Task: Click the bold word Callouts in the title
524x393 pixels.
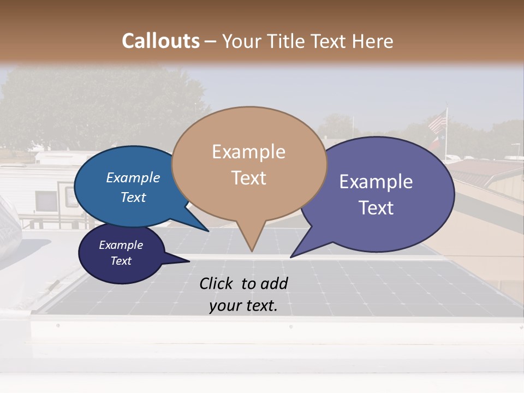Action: click(x=160, y=41)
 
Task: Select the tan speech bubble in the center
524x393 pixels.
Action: click(x=249, y=164)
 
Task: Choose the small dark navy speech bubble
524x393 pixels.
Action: click(x=121, y=253)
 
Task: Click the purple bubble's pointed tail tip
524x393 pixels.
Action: click(x=291, y=257)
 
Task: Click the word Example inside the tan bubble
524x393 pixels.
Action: click(x=248, y=152)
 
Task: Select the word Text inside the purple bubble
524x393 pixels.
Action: click(x=376, y=208)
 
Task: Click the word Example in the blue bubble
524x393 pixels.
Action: click(x=133, y=178)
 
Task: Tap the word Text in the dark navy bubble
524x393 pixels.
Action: click(x=121, y=261)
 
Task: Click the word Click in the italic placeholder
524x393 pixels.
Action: click(x=218, y=283)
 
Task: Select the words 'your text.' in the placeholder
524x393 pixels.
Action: click(x=243, y=306)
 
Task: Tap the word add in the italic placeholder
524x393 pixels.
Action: click(x=274, y=283)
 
